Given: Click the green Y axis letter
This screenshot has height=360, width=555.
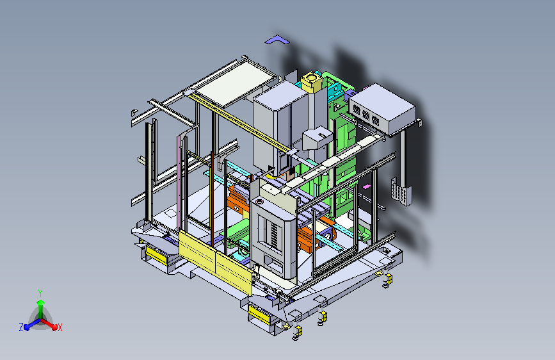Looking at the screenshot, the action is click(x=40, y=293).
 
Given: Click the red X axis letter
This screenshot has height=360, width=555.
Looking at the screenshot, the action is click(x=60, y=327).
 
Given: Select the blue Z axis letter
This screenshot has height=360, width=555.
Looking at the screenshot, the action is click(x=21, y=327).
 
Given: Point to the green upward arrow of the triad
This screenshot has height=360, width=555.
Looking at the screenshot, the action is click(x=41, y=308).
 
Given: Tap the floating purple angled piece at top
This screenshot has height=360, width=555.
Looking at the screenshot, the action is click(x=277, y=40).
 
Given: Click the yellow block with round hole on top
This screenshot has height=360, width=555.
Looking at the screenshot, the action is click(x=311, y=82).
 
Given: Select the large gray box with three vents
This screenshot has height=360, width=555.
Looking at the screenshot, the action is click(x=382, y=108).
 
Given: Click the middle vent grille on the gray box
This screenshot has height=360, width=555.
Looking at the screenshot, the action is click(x=366, y=116).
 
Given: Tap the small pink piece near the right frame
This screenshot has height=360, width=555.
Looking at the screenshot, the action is click(x=367, y=186).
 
